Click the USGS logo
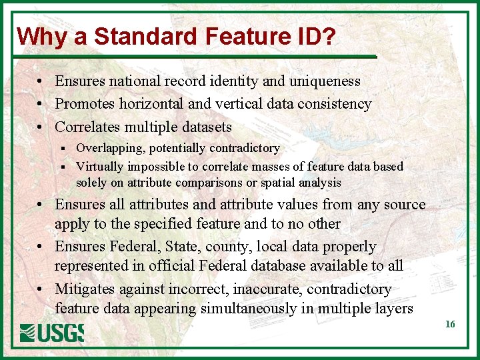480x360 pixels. click(x=51, y=332)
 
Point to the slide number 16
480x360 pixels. click(x=450, y=324)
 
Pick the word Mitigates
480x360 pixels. click(x=84, y=289)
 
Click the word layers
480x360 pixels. click(x=393, y=308)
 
